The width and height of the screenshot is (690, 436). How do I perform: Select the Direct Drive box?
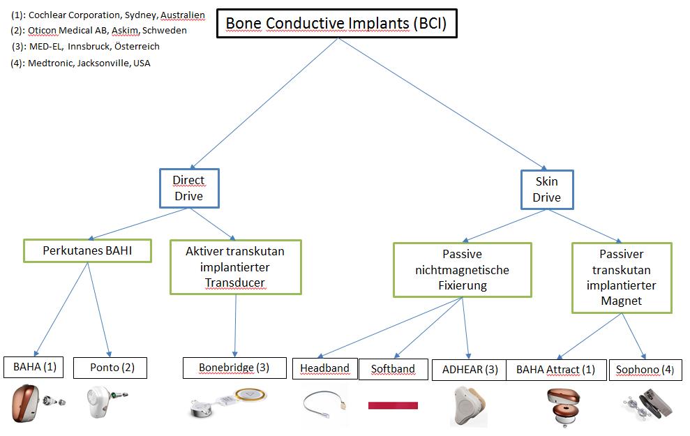(x=188, y=188)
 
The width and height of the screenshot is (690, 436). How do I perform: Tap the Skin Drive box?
(x=546, y=188)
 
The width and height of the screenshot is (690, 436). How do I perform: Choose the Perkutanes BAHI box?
(x=87, y=250)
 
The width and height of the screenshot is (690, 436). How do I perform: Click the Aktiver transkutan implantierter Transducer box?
(x=235, y=266)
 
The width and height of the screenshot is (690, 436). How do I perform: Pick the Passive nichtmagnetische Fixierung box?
(x=462, y=269)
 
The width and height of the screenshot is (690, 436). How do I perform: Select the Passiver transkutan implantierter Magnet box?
(x=621, y=277)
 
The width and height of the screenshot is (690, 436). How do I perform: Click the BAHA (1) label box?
(x=35, y=367)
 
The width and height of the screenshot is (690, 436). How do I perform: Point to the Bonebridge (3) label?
(x=234, y=368)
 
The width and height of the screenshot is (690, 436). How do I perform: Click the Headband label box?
(x=324, y=368)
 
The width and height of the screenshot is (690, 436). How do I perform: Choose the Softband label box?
(x=393, y=369)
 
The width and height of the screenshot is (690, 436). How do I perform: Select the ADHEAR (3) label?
(x=470, y=370)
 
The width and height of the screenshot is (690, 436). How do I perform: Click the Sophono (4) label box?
(x=645, y=370)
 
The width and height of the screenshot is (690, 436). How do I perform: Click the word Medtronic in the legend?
(x=51, y=63)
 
